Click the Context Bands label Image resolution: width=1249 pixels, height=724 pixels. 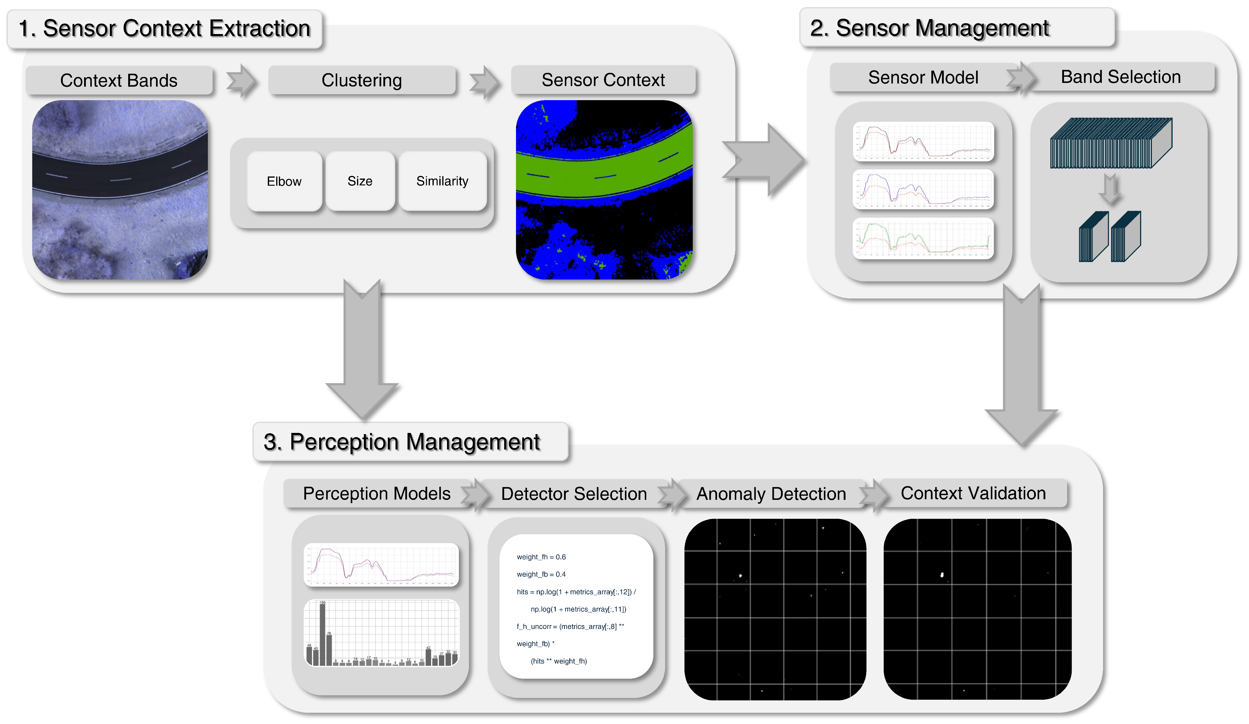click(x=119, y=80)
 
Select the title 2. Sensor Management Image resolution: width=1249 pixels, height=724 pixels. click(x=929, y=28)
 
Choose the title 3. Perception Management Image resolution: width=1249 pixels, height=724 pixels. click(x=401, y=442)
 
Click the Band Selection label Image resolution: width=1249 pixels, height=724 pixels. click(x=1120, y=77)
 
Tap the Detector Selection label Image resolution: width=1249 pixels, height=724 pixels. click(x=574, y=494)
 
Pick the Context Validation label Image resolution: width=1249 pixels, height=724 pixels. click(x=973, y=493)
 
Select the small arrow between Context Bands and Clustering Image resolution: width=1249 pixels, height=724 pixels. click(x=241, y=81)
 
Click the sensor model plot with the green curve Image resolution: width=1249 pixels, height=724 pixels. click(x=923, y=238)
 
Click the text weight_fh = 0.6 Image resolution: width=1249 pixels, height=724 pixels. click(x=541, y=557)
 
